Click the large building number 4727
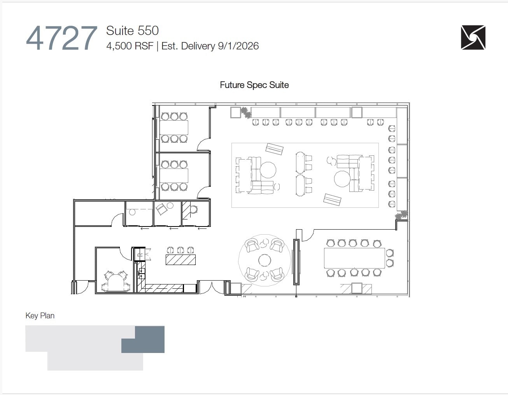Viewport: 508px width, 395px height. tap(61, 39)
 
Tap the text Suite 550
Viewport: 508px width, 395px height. tap(132, 31)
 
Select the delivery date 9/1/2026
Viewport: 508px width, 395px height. tap(238, 46)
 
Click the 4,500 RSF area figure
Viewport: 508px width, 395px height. tap(130, 46)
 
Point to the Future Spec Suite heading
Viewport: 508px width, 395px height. tap(254, 85)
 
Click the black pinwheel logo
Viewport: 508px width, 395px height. tap(473, 38)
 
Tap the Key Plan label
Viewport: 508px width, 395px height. tap(40, 316)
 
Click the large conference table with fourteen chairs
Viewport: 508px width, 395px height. tap(354, 258)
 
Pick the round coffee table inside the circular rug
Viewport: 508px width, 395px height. tap(265, 260)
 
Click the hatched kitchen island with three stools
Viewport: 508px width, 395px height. tap(180, 260)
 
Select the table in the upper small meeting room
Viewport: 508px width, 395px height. tap(174, 127)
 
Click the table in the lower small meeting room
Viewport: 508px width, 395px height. tap(174, 176)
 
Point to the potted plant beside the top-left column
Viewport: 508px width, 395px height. tap(245, 112)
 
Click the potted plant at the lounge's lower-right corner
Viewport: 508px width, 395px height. tap(401, 215)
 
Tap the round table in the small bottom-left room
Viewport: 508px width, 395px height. tap(116, 282)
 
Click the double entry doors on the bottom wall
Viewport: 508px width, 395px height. tap(211, 288)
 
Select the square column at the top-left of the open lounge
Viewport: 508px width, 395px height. tap(236, 112)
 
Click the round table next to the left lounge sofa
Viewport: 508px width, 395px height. tap(268, 170)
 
